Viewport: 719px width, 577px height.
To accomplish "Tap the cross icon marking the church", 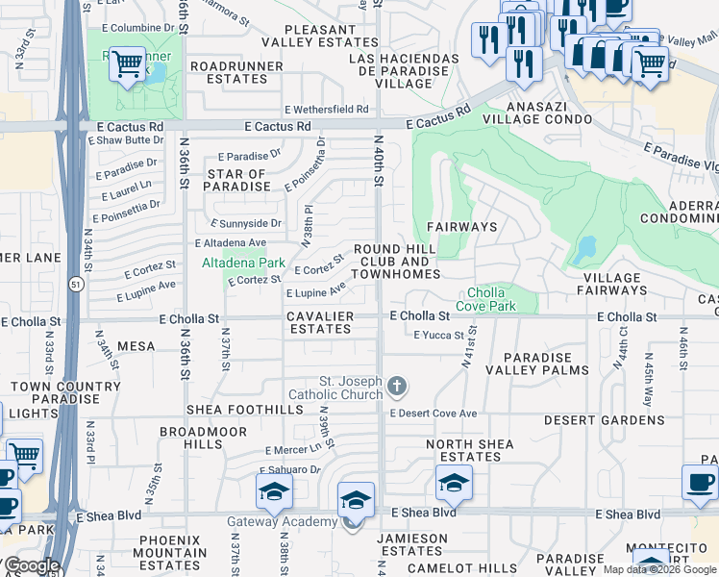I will tap(396, 388).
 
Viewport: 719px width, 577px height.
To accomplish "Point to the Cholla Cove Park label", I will tap(491, 299).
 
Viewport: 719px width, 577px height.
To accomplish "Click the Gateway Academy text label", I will tap(282, 522).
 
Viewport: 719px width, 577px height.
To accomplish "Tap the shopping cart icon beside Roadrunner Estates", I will tap(127, 64).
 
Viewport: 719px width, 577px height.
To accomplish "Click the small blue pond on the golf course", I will tap(583, 253).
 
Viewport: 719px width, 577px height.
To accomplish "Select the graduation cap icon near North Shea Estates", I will tap(454, 482).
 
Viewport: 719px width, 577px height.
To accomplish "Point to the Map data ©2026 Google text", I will tap(659, 569).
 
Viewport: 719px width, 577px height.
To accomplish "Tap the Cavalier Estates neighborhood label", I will tap(320, 322).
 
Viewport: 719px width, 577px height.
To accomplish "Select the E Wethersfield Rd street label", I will tap(326, 110).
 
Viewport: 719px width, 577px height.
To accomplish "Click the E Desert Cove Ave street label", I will tap(433, 414).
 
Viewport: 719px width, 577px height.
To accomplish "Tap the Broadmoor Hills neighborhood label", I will tap(191, 439).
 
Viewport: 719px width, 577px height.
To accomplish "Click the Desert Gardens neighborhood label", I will tap(590, 420).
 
